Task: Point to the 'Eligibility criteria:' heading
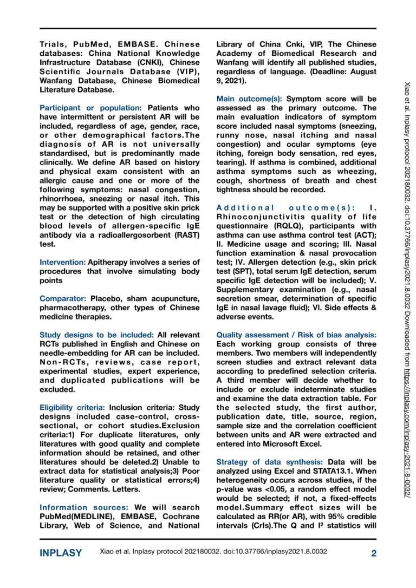pyautogui.click(x=73, y=407)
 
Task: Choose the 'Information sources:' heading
pyautogui.click(x=84, y=507)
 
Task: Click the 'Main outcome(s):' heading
pyautogui.click(x=249, y=99)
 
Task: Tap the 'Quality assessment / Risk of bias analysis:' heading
pyautogui.click(x=296, y=335)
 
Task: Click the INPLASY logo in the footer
pyautogui.click(x=61, y=553)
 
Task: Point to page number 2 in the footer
pyautogui.click(x=374, y=553)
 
